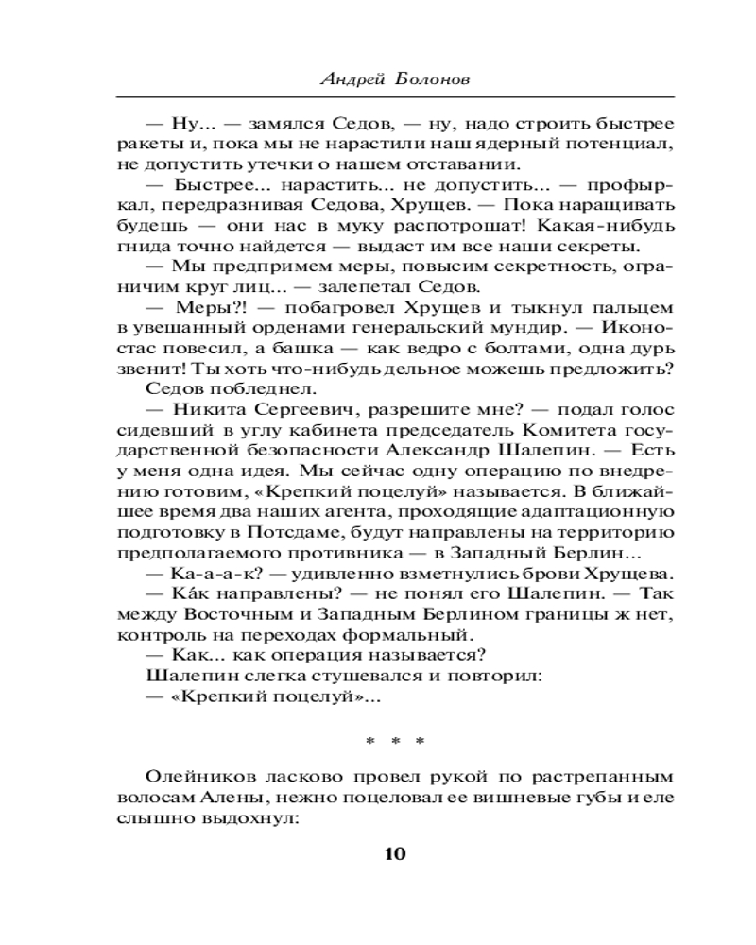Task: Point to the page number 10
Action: pyautogui.click(x=394, y=854)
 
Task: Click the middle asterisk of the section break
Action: pyautogui.click(x=394, y=743)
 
